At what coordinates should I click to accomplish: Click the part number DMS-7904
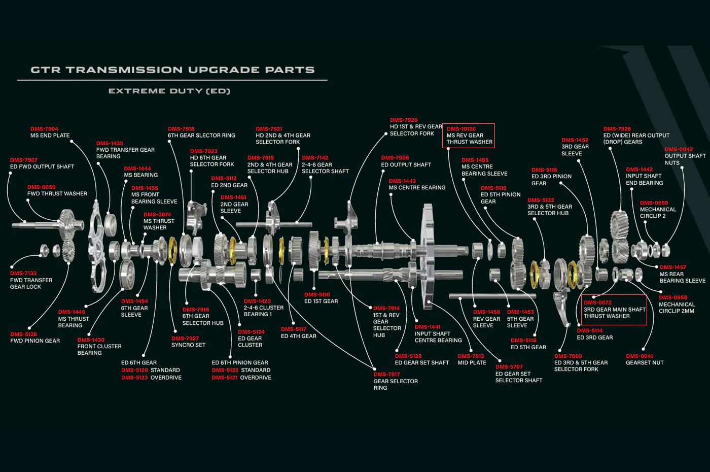tap(45, 129)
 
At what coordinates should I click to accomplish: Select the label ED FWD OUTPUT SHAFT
tap(42, 166)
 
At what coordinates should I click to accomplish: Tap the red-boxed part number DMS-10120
tap(461, 129)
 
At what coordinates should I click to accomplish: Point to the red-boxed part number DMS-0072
tap(598, 302)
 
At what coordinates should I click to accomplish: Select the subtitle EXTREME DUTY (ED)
tap(169, 91)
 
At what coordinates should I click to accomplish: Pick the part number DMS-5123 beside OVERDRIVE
tap(134, 378)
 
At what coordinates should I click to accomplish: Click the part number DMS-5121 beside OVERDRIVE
tap(224, 378)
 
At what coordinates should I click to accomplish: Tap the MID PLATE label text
tap(472, 362)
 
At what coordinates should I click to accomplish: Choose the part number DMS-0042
tap(679, 149)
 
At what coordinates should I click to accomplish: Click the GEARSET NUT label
tap(645, 362)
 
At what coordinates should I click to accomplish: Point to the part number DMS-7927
tap(185, 339)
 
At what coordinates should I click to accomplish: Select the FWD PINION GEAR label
tap(35, 341)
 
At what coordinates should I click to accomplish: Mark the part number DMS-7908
tap(395, 158)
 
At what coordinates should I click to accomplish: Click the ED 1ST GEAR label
tap(321, 301)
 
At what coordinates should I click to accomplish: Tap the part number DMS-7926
tap(617, 129)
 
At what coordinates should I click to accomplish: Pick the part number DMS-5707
tap(509, 366)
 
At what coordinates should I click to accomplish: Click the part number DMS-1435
tap(110, 143)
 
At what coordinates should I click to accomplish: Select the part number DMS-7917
tap(386, 375)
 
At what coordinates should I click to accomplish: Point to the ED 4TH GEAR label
tap(299, 336)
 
